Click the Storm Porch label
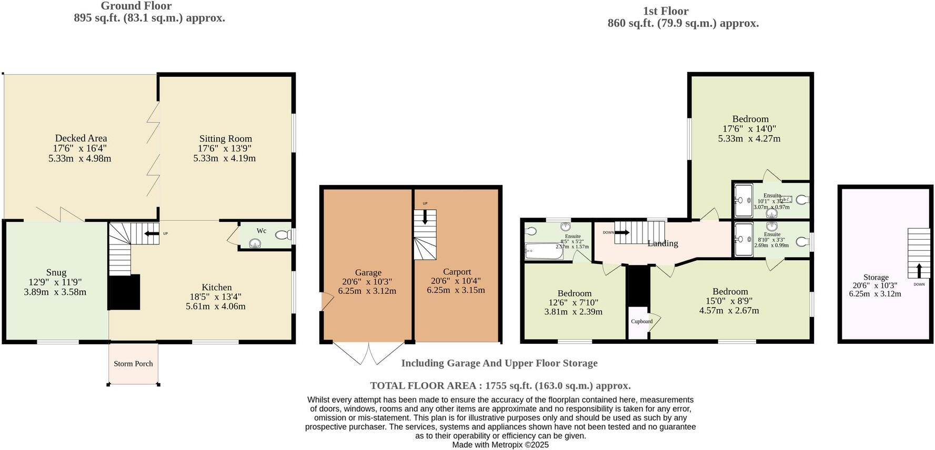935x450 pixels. point(133,364)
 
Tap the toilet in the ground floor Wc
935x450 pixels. point(283,235)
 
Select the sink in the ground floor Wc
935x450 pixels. point(255,243)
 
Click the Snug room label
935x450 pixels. point(56,272)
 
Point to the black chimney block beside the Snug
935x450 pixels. point(124,292)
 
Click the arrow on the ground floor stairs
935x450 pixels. point(152,233)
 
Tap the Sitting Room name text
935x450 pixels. point(225,139)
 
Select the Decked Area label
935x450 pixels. point(81,138)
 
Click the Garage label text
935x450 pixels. point(368,272)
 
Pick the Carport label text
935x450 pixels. point(456,272)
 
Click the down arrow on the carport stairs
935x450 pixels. point(425,218)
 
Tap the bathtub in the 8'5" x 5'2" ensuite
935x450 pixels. point(544,251)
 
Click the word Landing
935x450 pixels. point(662,243)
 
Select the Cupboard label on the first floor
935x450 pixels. point(641,321)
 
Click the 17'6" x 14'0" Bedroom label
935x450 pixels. point(750,119)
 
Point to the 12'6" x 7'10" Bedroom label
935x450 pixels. point(574,293)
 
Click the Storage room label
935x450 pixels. point(876,277)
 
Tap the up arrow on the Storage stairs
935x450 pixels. point(919,271)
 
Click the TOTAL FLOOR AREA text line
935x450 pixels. point(500,385)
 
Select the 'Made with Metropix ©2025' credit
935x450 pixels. point(500,445)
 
